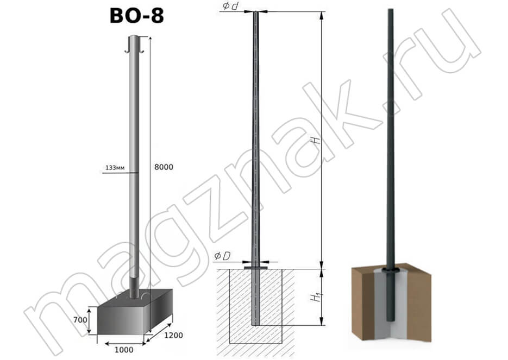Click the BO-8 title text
137,16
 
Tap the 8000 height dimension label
164,167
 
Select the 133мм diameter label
115,168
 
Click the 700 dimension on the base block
80,320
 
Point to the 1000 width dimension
124,350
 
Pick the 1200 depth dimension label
173,336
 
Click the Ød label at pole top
230,6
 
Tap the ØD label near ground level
222,256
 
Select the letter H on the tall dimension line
315,141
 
